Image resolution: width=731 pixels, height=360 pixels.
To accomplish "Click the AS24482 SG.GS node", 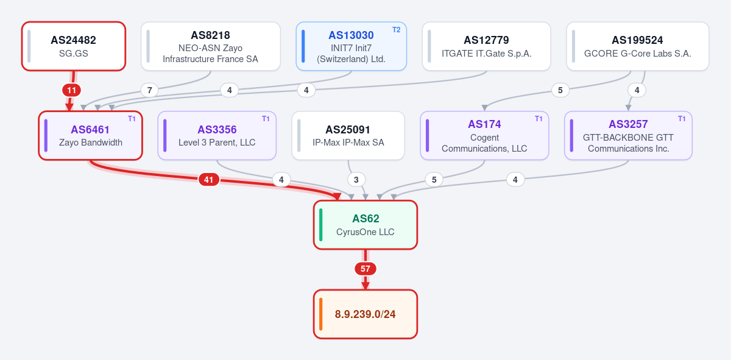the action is coord(74,46).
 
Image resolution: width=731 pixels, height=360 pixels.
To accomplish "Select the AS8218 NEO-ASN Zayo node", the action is coord(211,46).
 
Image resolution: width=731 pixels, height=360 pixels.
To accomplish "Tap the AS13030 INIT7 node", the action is coord(351,46).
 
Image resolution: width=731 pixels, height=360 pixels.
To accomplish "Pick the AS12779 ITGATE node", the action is coord(486,46).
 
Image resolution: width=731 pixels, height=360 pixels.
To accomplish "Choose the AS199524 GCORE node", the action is coord(637,46).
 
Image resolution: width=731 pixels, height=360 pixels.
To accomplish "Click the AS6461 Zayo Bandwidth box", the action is coord(90,135).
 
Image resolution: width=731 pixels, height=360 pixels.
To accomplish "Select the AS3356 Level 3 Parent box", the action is coord(217,135).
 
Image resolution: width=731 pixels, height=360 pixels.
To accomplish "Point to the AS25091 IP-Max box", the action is coord(348,135).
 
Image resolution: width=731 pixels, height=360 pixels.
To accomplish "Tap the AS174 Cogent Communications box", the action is coord(484,135).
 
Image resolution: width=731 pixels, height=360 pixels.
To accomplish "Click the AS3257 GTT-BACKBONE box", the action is coord(628,135).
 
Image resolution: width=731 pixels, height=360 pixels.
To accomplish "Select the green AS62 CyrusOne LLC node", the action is coord(365,225).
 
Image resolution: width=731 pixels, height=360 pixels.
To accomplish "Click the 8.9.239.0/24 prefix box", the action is coord(365,314).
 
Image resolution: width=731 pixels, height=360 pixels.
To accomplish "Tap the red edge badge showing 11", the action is coord(71,90).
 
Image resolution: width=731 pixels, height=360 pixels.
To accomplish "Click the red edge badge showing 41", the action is coord(208,180).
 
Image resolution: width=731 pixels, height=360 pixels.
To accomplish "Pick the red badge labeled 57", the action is coord(365,269).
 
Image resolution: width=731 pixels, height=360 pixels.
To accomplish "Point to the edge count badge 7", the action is coord(149,90).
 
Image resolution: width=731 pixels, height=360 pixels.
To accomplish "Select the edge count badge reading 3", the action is coord(356,180).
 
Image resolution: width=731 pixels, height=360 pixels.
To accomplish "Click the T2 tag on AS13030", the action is coord(396,30).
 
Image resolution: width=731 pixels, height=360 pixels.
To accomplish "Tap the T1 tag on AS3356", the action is coord(266,119).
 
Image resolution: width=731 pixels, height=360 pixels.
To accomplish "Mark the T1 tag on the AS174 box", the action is coord(539,119).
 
